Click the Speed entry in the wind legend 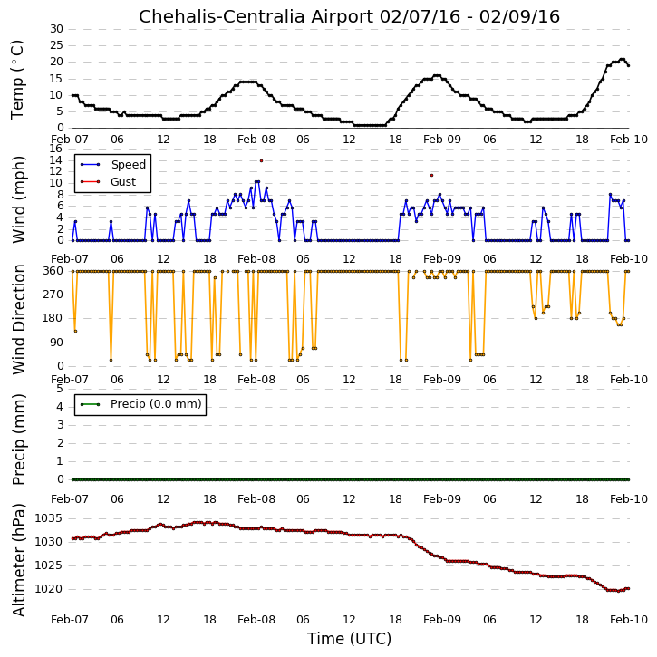click(128, 165)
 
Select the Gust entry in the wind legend click(123, 182)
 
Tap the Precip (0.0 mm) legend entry click(156, 404)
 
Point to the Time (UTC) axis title click(349, 639)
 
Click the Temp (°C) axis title click(17, 80)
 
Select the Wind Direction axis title click(19, 319)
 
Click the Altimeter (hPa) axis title click(19, 560)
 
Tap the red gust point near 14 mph click(262, 161)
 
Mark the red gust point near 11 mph click(431, 175)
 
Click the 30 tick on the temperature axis click(56, 29)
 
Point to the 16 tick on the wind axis click(55, 149)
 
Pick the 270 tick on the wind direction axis click(53, 295)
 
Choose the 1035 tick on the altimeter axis click(49, 518)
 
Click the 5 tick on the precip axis click(60, 389)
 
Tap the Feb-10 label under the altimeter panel click(629, 619)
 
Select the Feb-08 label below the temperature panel click(256, 140)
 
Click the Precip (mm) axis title click(19, 440)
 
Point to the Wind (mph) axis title click(19, 200)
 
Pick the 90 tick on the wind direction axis click(56, 343)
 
